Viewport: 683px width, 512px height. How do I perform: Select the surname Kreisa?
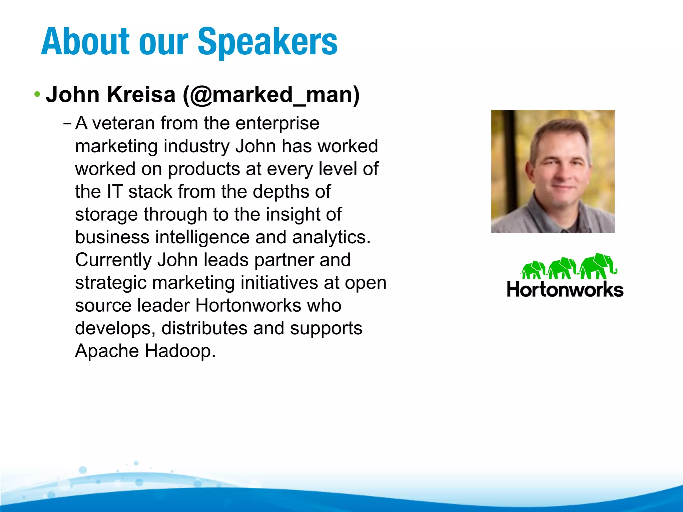pos(141,95)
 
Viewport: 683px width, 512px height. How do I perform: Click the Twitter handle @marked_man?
pos(271,95)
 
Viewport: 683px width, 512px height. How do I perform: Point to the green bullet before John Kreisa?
pos(37,94)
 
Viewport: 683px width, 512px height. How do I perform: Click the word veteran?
pos(123,123)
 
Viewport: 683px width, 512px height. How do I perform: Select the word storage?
pos(106,215)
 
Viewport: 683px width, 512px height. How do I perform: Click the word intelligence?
pos(202,237)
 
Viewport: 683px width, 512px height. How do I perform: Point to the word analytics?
pos(331,238)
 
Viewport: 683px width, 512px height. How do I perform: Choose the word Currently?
pos(113,260)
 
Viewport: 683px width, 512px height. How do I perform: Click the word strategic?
pos(111,283)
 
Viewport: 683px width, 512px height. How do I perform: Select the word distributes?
pos(204,328)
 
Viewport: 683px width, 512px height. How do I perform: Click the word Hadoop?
pos(180,351)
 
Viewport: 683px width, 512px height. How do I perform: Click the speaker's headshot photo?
pos(553,171)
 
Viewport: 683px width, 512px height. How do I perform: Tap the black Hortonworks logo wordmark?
pos(565,290)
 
